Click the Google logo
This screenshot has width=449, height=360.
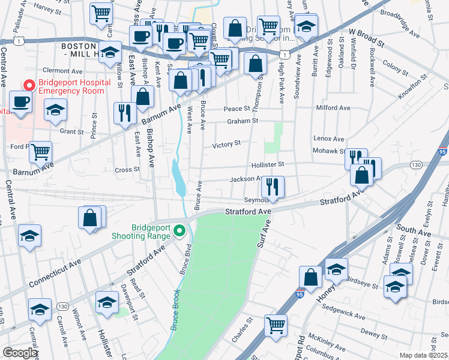20,353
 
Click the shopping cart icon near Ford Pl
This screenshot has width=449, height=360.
40,152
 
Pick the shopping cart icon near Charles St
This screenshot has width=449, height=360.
276,325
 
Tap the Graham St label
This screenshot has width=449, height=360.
242,121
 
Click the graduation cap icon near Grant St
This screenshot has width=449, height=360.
55,110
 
